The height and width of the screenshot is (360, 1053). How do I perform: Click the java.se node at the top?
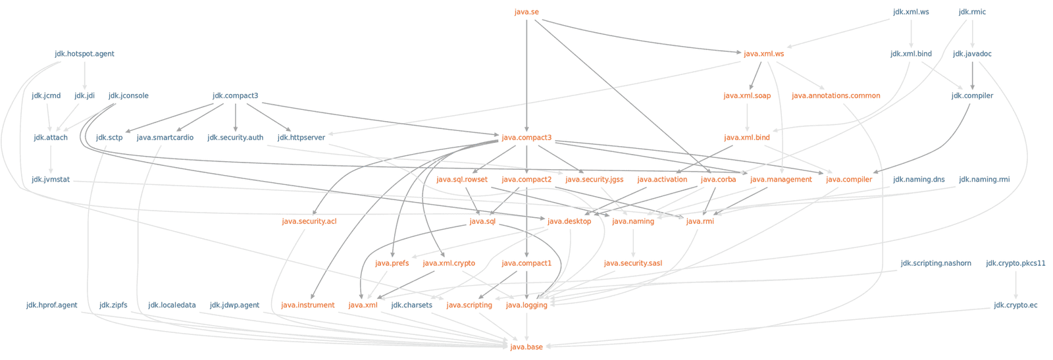(526, 12)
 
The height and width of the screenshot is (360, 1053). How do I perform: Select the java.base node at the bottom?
(526, 347)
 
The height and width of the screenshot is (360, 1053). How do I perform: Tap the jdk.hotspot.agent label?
(84, 54)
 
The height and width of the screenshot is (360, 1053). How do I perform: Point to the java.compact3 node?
(526, 138)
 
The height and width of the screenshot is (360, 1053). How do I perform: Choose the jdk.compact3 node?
(235, 96)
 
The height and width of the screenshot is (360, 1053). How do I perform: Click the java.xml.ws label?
(763, 54)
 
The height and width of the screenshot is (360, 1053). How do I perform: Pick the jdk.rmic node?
(972, 12)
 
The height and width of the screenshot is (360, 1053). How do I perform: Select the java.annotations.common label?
(835, 96)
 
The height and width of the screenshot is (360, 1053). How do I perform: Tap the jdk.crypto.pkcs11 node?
(1015, 263)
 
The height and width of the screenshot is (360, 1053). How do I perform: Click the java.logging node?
(526, 305)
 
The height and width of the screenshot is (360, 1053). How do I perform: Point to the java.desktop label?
(569, 221)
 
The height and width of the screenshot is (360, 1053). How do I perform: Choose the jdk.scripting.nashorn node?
(935, 263)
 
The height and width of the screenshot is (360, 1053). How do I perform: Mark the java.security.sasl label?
(632, 263)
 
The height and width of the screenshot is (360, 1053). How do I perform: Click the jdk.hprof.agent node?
(51, 305)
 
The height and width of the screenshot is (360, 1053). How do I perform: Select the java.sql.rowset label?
(461, 180)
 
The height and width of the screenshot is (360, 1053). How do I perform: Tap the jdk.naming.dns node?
(919, 180)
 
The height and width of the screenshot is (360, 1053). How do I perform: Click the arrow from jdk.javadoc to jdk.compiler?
(972, 75)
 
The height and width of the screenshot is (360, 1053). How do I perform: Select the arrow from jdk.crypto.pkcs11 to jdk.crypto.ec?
(1015, 284)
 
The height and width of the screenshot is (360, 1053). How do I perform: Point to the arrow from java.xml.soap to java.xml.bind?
(747, 116)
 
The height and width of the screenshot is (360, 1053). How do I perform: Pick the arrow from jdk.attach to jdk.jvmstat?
(51, 159)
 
